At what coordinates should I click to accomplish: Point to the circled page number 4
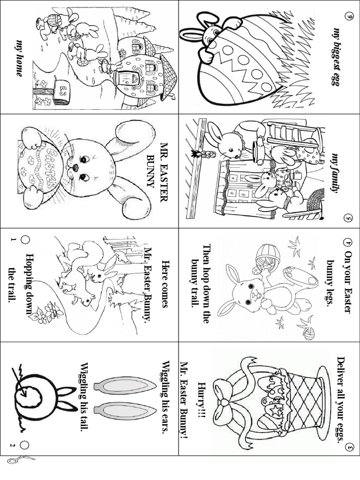click(x=347, y=242)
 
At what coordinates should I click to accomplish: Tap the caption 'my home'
click(x=20, y=58)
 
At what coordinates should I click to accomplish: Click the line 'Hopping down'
click(x=30, y=284)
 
